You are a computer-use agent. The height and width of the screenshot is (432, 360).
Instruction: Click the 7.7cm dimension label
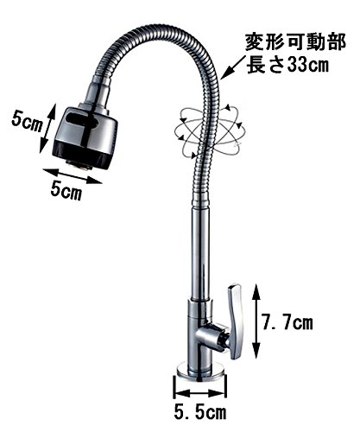(x=287, y=323)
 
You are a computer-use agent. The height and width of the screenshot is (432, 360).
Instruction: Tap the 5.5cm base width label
(x=200, y=413)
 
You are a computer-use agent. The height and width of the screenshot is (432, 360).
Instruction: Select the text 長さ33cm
(x=287, y=66)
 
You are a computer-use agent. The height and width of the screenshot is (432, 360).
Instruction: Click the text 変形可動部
(x=295, y=42)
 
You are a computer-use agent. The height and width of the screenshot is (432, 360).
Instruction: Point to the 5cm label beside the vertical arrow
(x=27, y=123)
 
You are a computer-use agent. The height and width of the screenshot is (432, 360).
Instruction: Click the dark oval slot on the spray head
(x=82, y=121)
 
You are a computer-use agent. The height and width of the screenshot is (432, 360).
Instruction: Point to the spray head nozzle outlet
(x=79, y=165)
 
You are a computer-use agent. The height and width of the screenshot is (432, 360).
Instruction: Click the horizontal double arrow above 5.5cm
(x=200, y=393)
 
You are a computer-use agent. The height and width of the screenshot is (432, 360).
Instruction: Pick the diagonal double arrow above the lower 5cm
(x=73, y=175)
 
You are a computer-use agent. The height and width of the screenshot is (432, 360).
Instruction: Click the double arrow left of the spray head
(x=46, y=129)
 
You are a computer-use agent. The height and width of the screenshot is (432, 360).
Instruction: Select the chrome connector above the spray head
(x=97, y=95)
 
